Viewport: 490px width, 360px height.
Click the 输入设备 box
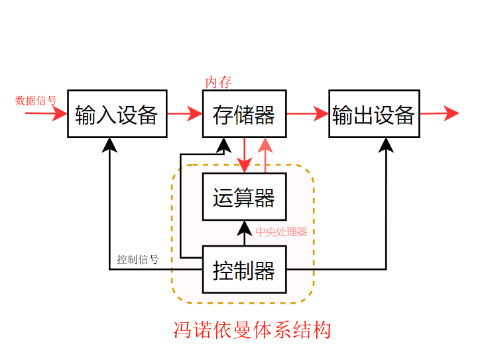(x=116, y=114)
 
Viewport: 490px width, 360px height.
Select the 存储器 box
(x=244, y=114)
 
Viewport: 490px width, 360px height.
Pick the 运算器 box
(x=244, y=197)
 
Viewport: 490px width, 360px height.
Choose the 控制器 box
(x=244, y=270)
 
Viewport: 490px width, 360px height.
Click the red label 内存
(x=218, y=82)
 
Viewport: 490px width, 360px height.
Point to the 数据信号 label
(x=36, y=101)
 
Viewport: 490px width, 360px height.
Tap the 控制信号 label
(x=137, y=259)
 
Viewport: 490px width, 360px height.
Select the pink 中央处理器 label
(x=281, y=232)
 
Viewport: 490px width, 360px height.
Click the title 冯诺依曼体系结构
(x=251, y=330)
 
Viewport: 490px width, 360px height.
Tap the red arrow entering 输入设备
(x=46, y=113)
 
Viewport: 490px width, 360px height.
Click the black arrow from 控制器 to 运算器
(x=244, y=233)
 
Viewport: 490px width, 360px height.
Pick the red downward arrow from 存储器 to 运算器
(x=245, y=156)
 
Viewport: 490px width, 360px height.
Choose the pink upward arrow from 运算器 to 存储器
(x=266, y=156)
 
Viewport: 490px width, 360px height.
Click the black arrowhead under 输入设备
(x=110, y=144)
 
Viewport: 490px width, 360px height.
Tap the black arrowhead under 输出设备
(x=386, y=144)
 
